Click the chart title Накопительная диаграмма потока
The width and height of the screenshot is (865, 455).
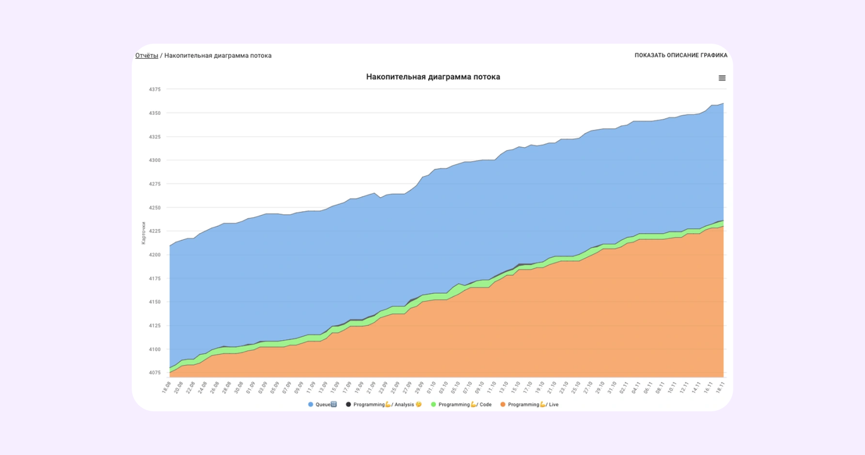(x=433, y=77)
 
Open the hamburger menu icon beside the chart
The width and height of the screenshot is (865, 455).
(x=722, y=78)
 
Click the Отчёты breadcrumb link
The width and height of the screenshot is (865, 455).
(x=147, y=55)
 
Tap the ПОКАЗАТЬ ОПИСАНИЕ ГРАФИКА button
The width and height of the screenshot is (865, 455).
(x=681, y=55)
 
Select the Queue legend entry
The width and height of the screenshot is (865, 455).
(x=323, y=405)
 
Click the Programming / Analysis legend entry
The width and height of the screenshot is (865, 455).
(x=384, y=405)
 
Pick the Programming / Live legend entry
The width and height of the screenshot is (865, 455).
(x=529, y=405)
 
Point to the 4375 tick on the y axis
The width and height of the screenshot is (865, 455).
(x=155, y=89)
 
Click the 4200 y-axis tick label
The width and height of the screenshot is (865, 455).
(x=155, y=255)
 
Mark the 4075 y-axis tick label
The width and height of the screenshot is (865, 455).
(x=155, y=373)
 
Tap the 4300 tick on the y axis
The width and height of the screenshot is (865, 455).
(x=155, y=160)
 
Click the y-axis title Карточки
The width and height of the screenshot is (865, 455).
(x=144, y=233)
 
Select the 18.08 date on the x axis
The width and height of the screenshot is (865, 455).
(x=166, y=388)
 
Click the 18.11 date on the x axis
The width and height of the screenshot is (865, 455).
(x=720, y=388)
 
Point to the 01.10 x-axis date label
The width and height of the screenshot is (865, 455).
(x=431, y=388)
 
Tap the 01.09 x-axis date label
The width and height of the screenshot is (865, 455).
(x=251, y=388)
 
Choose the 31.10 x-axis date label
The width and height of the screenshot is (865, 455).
(x=612, y=388)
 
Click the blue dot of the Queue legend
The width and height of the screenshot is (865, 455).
(x=311, y=405)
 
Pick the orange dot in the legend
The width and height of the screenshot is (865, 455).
(x=503, y=405)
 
